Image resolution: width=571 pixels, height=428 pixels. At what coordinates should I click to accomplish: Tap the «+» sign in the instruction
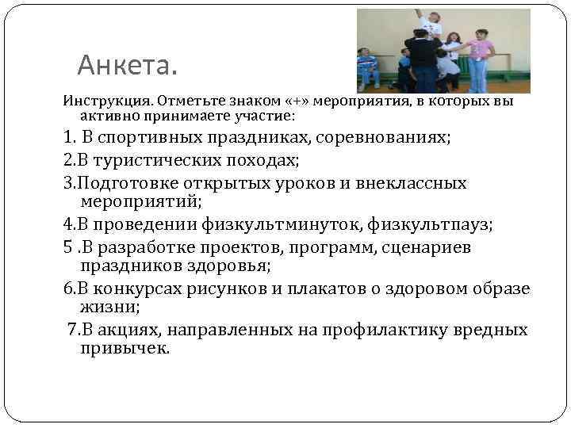pos(291,101)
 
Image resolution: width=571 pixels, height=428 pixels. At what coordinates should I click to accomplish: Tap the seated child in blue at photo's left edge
pos(366,67)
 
